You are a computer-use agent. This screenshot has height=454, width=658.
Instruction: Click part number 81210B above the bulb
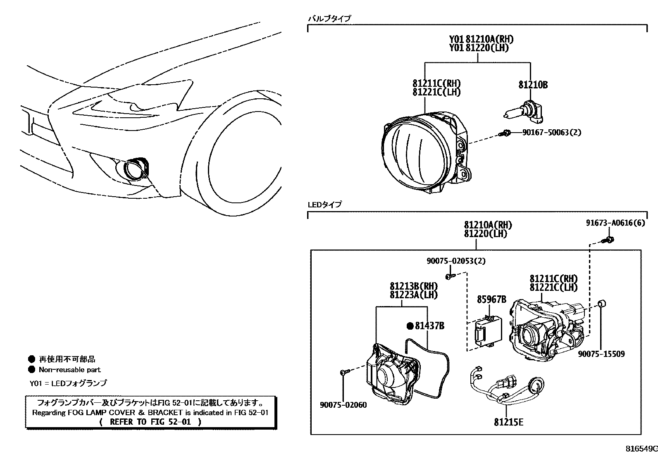pyautogui.click(x=533, y=85)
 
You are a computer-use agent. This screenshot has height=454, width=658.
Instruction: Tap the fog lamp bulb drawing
pyautogui.click(x=522, y=112)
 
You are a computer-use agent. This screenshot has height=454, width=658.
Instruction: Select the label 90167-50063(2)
pyautogui.click(x=551, y=133)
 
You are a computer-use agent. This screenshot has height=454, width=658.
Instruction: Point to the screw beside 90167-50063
pyautogui.click(x=505, y=133)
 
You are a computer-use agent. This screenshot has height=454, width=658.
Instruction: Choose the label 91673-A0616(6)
pyautogui.click(x=615, y=223)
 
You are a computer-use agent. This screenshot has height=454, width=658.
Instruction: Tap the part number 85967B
pyautogui.click(x=491, y=299)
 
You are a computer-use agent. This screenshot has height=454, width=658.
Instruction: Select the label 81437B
pyautogui.click(x=429, y=326)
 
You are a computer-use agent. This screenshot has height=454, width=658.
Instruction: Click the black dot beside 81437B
pyautogui.click(x=410, y=326)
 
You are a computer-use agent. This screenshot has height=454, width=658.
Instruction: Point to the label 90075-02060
pyautogui.click(x=343, y=405)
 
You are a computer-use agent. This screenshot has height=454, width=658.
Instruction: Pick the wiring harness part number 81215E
pyautogui.click(x=508, y=422)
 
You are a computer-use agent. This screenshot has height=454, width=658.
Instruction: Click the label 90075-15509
pyautogui.click(x=601, y=354)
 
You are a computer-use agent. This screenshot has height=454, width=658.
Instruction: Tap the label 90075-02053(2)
pyautogui.click(x=456, y=261)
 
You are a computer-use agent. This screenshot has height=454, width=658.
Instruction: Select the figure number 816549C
pyautogui.click(x=641, y=449)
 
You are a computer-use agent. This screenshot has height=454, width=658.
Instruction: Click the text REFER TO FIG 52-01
pyautogui.click(x=151, y=422)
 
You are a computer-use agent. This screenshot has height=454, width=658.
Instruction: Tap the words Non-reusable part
pyautogui.click(x=69, y=370)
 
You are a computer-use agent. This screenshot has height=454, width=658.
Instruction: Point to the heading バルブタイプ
pyautogui.click(x=329, y=18)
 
